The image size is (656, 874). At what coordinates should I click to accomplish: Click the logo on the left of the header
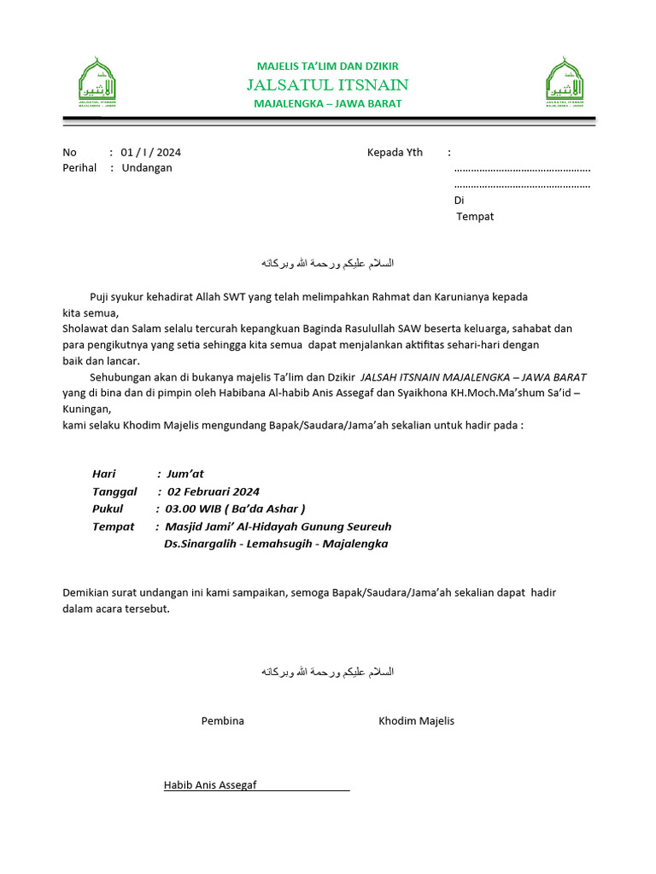[x=97, y=84]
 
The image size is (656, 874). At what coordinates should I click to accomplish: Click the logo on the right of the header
[x=565, y=84]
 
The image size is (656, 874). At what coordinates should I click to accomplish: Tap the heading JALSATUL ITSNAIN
[x=327, y=84]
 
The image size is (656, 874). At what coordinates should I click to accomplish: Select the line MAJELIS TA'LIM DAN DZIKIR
[x=327, y=66]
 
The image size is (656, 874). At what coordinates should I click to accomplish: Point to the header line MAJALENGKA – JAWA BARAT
[x=327, y=103]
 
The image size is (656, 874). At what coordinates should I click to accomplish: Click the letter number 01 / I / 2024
[x=150, y=152]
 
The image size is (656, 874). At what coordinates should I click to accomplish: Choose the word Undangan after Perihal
[x=147, y=167]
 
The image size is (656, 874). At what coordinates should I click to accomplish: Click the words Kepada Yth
[x=395, y=152]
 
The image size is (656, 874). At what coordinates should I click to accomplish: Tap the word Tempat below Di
[x=475, y=216]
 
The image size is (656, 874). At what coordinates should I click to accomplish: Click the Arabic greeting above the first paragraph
[x=327, y=262]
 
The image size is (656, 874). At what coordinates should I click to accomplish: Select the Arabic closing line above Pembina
[x=327, y=672]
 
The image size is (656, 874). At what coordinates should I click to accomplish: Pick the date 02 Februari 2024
[x=214, y=492]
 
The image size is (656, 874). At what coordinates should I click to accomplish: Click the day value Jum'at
[x=185, y=474]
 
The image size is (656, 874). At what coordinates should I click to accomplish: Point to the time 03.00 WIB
[x=193, y=509]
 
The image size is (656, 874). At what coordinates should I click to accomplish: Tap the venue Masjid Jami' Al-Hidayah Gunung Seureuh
[x=278, y=527]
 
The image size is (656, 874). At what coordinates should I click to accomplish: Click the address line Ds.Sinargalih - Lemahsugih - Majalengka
[x=276, y=544]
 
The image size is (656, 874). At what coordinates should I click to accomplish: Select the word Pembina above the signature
[x=222, y=720]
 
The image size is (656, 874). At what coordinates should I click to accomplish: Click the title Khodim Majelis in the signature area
[x=416, y=720]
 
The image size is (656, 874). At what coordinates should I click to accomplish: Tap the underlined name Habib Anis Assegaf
[x=210, y=785]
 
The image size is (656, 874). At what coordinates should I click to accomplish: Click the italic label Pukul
[x=108, y=509]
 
